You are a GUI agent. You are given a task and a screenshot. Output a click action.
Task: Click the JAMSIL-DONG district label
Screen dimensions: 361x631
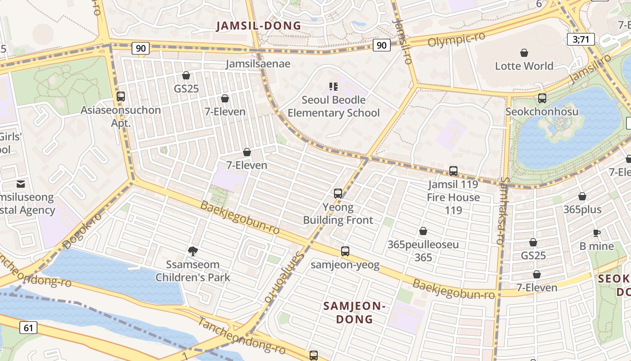click(x=258, y=26)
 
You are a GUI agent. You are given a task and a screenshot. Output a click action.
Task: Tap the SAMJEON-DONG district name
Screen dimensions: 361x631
click(x=355, y=313)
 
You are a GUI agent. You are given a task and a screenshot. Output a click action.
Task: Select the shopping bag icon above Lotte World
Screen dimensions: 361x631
click(x=524, y=53)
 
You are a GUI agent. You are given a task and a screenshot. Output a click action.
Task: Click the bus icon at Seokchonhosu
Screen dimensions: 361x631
click(x=542, y=98)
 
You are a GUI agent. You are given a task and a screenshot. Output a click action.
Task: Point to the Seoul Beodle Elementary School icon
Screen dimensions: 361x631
click(x=334, y=87)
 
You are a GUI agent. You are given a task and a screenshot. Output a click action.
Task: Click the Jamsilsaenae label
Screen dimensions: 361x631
click(x=258, y=64)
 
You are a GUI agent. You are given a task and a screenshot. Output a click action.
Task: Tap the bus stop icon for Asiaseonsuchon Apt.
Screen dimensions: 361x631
click(x=120, y=97)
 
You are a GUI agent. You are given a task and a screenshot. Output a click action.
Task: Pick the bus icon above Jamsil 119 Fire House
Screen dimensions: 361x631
click(x=453, y=171)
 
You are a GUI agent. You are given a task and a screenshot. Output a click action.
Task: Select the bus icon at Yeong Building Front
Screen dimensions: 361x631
click(x=338, y=194)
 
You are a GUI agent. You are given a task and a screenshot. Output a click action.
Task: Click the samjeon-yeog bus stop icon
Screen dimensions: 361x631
click(x=345, y=251)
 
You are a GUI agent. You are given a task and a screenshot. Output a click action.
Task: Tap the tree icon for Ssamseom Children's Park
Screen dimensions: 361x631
click(x=193, y=251)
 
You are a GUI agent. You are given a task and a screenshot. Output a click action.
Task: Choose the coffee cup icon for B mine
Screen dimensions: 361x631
click(x=597, y=233)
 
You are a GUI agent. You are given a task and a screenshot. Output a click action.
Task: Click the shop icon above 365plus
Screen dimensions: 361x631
click(x=582, y=196)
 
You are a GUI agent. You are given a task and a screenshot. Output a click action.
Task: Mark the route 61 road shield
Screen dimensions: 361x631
click(x=28, y=328)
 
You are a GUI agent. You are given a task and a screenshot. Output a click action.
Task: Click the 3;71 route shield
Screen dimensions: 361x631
click(x=581, y=39)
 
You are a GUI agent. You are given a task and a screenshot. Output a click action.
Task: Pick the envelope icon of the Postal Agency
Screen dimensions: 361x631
click(x=21, y=184)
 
